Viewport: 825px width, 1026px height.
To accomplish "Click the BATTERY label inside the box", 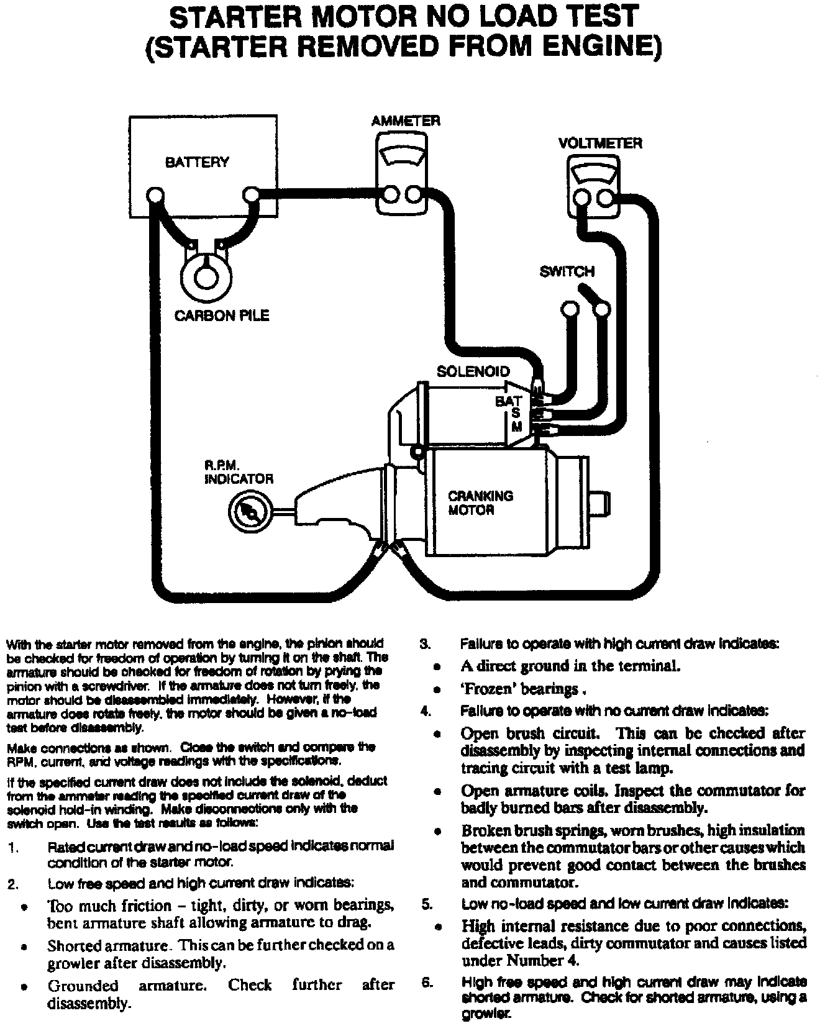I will coord(196,163).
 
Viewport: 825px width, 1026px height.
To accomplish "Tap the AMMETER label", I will coord(405,120).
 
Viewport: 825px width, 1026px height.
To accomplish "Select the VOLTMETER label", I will coord(599,143).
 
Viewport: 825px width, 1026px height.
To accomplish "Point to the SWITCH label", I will coord(567,271).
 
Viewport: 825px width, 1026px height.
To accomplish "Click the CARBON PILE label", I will coord(222,316).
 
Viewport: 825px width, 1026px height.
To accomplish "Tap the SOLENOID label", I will coord(473,371).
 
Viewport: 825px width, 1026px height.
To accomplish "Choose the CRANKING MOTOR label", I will coord(480,503).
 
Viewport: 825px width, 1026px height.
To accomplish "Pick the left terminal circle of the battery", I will coord(155,196).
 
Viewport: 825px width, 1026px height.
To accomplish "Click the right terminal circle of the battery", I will coord(250,195).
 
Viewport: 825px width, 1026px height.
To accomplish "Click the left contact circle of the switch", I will coord(569,309).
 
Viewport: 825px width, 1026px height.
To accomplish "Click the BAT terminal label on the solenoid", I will coord(508,401).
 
